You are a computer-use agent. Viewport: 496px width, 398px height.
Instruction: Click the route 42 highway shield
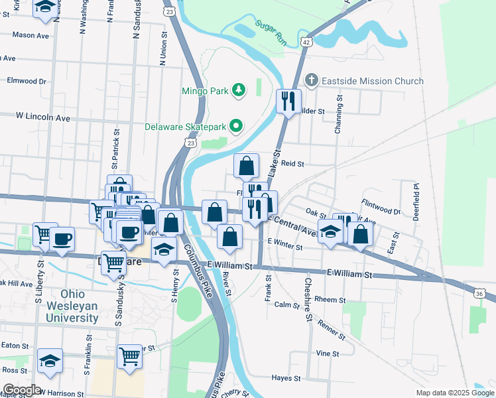tap(306, 41)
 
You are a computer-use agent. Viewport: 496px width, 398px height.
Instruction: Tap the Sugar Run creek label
tap(271, 33)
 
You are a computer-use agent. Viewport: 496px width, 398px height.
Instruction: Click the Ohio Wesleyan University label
tap(72, 306)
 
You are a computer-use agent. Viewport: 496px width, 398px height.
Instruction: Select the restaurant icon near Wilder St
tap(288, 101)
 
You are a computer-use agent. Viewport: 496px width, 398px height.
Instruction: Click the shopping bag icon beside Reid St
tap(246, 166)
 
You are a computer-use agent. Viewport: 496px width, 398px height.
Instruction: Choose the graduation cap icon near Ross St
tap(50, 361)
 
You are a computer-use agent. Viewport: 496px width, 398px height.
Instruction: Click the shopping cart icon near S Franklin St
tap(129, 356)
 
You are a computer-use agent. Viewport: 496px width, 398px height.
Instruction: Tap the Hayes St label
tap(286, 377)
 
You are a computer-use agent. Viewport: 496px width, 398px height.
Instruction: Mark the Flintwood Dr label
tap(381, 206)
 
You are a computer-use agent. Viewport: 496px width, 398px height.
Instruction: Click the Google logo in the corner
tap(22, 390)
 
